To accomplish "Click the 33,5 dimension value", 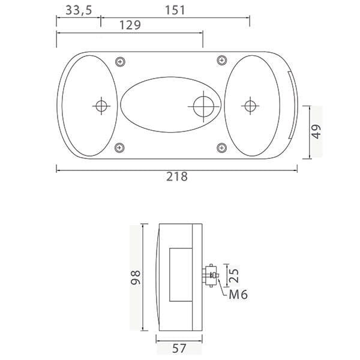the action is click(79, 11).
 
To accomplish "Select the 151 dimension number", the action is click(175, 11).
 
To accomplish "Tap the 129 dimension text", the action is click(130, 25).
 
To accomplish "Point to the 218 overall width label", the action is click(177, 176).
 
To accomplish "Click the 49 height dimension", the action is click(316, 131).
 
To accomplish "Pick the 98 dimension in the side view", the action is click(136, 277).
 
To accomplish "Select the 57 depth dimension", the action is click(179, 348).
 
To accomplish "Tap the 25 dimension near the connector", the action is click(234, 275).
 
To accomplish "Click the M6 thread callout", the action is click(238, 295).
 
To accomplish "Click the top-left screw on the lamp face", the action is click(121, 62).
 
